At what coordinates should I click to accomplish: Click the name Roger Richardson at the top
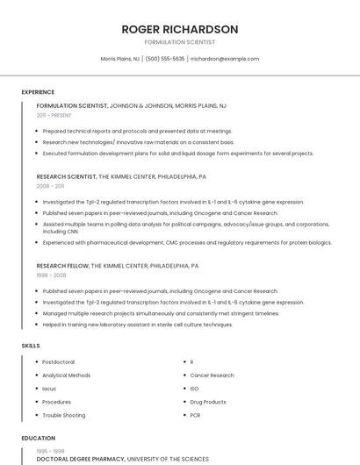coord(180,29)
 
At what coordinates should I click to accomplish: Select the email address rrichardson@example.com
coord(225,59)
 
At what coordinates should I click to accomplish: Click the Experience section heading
coord(38,92)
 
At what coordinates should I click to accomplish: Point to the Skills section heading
coord(31,346)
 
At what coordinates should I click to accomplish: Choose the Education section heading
coord(39,438)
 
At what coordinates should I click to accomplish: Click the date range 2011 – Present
coord(54,115)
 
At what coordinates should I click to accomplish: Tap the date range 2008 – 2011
coord(50,186)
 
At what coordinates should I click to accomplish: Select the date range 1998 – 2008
coord(51,275)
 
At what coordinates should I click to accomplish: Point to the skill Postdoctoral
coord(58,361)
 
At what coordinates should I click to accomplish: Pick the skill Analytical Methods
coord(66,375)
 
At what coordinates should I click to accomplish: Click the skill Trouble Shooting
coord(63,415)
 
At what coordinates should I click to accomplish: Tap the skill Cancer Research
coord(212,375)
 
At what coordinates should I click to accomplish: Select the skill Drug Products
coord(208,402)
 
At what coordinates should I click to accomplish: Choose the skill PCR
coord(195,415)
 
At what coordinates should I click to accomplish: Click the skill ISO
coord(194,388)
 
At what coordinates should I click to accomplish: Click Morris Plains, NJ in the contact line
coord(120,59)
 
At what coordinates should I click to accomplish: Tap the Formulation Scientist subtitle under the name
coord(180,42)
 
